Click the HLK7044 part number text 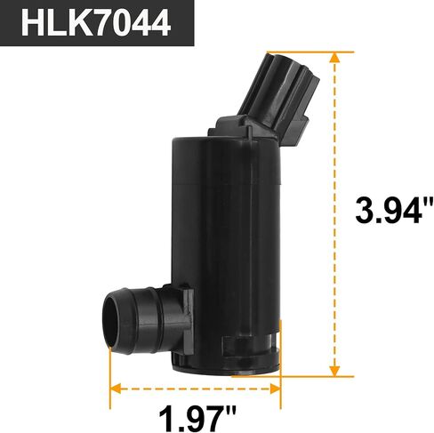96,23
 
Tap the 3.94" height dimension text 394,210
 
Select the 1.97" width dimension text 197,419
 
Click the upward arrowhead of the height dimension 334,58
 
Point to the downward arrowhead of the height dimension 334,371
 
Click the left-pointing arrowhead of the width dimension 116,389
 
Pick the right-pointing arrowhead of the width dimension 275,389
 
